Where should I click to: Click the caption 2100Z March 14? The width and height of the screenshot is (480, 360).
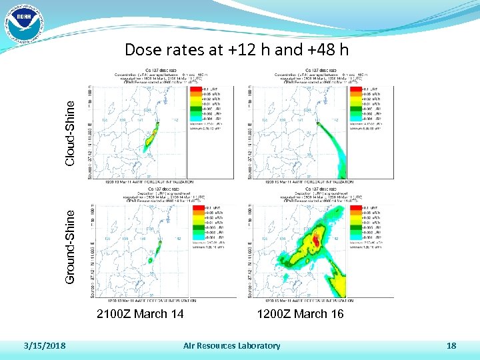[140, 314]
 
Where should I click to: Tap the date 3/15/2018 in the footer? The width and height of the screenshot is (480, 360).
[45, 345]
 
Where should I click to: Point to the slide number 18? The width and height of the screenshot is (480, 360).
[451, 345]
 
